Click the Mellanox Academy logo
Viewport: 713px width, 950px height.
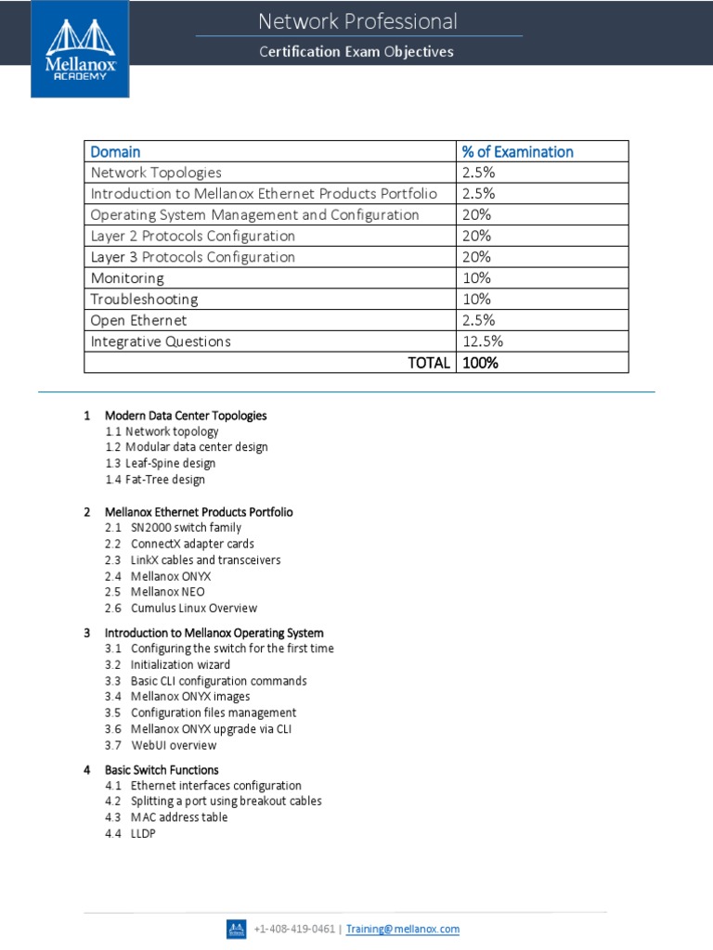80,48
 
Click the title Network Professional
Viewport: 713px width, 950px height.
357,21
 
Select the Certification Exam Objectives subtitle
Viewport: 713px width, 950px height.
356,52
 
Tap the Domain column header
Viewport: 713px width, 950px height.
115,151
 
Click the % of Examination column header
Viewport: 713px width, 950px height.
517,151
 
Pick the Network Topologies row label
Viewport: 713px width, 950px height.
156,173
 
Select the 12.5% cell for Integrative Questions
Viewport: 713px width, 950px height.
483,341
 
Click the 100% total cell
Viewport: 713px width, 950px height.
480,363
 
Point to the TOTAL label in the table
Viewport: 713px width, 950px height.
429,363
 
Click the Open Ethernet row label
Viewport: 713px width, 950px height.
138,320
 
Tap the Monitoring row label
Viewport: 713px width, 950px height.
127,277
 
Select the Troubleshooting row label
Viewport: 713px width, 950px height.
144,299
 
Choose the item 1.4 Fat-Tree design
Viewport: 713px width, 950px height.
155,480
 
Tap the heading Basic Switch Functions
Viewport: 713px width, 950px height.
162,770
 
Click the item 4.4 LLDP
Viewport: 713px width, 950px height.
143,834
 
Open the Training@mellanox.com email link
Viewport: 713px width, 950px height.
403,929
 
